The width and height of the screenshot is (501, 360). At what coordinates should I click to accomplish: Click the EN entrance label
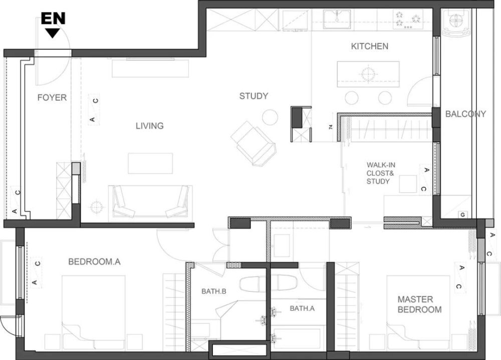[53, 19]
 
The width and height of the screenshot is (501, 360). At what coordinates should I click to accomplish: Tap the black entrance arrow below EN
[53, 33]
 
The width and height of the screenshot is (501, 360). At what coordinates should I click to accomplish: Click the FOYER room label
[52, 98]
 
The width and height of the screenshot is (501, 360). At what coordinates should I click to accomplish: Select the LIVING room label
[149, 126]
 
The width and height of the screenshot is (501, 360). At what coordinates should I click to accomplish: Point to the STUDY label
[254, 96]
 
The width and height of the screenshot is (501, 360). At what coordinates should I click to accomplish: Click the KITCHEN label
[370, 47]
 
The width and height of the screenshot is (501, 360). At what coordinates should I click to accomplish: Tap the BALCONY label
[465, 114]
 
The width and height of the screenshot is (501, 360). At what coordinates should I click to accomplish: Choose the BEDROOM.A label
[94, 262]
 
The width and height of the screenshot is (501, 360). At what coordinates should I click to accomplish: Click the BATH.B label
[214, 291]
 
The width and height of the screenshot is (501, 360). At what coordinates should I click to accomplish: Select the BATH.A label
[302, 308]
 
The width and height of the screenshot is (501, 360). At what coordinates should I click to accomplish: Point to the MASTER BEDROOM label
[419, 304]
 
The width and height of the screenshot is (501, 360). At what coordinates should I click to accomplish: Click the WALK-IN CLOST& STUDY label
[381, 173]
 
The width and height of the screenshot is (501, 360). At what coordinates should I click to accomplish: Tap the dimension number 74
[331, 127]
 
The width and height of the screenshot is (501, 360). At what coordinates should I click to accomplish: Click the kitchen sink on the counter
[337, 20]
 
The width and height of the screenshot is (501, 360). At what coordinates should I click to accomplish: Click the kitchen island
[368, 74]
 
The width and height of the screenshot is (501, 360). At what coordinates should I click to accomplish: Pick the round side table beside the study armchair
[270, 117]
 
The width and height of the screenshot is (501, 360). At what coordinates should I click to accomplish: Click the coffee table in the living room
[150, 163]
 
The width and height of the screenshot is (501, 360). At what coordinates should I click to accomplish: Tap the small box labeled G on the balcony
[462, 215]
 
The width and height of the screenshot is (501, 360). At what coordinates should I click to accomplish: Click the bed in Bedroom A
[94, 312]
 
